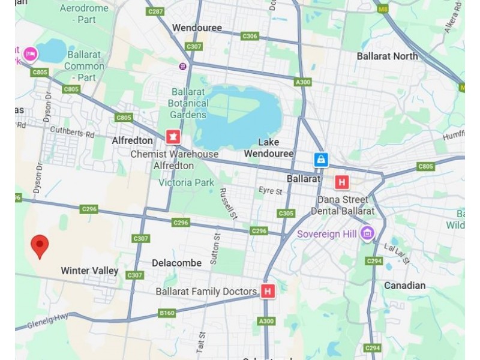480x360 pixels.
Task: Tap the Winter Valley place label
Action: tap(89, 271)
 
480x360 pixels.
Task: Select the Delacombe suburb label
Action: tap(176, 263)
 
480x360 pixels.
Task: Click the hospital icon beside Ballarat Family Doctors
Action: tap(268, 292)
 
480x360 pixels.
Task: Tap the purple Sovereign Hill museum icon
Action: tap(367, 233)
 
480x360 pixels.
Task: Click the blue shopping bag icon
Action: tap(322, 160)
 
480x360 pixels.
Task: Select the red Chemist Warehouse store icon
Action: tap(173, 137)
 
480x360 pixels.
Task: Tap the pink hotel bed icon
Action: tap(30, 55)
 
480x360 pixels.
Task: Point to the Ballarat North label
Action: tap(387, 56)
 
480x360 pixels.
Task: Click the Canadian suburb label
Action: tap(404, 286)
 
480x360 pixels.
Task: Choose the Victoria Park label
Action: tap(186, 182)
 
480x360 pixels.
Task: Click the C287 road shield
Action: tap(155, 11)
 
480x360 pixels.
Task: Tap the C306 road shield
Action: tap(250, 37)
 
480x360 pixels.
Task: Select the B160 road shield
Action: tap(167, 313)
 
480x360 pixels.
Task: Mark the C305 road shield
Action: tap(286, 213)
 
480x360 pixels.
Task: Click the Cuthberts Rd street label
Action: tap(72, 131)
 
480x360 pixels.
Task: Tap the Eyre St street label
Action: tap(270, 191)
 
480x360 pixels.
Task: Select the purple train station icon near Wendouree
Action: tap(182, 66)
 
